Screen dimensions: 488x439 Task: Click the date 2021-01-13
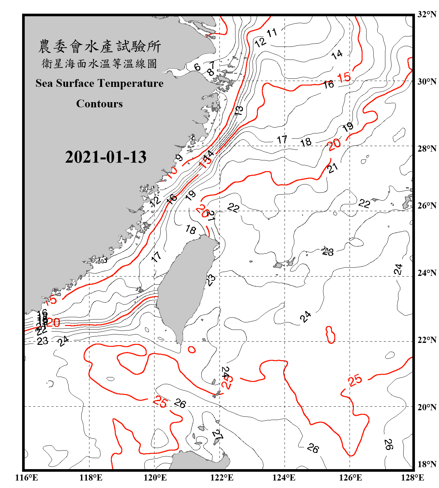(106, 157)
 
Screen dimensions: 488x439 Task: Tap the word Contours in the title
(100, 104)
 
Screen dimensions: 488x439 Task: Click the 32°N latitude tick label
(427, 14)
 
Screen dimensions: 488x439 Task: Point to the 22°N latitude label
(427, 340)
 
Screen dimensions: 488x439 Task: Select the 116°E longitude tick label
(27, 478)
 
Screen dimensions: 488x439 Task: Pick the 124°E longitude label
(284, 478)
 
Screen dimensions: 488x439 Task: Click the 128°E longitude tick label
(412, 478)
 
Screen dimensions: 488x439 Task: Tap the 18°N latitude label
(427, 464)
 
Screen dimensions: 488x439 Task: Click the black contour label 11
(272, 33)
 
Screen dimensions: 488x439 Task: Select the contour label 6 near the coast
(197, 67)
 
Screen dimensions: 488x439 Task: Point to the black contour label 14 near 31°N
(337, 54)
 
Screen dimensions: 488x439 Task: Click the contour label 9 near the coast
(179, 158)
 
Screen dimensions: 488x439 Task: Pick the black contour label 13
(239, 111)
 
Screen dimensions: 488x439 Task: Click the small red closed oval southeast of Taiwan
(192, 350)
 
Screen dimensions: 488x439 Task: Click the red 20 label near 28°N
(334, 144)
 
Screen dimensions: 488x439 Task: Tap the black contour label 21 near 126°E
(332, 168)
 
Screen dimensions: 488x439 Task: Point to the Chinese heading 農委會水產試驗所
(100, 47)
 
